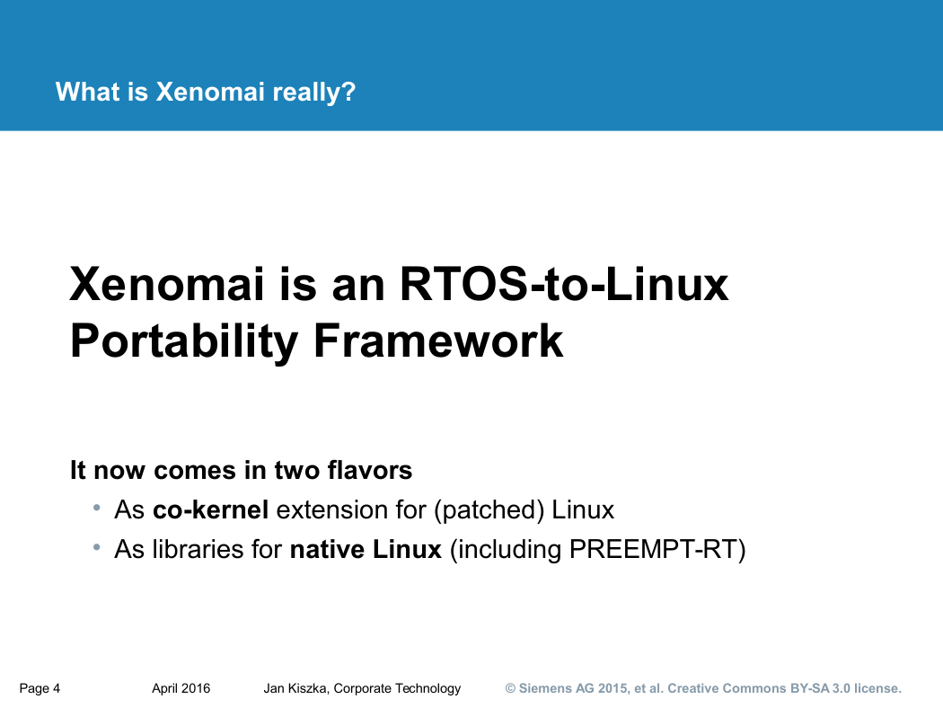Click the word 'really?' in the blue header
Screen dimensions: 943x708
tap(314, 92)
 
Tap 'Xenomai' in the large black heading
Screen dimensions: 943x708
tap(167, 284)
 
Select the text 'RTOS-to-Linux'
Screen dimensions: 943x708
tap(564, 284)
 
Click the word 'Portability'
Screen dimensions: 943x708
tap(184, 341)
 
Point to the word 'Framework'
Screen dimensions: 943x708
tap(438, 341)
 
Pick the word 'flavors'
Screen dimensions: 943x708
tap(370, 470)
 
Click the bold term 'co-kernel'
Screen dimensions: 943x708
tap(210, 510)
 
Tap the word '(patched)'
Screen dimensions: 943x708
tap(489, 510)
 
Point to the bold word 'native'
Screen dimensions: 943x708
tap(327, 549)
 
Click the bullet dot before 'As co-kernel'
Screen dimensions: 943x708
tap(96, 509)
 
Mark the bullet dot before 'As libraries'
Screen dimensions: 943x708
tap(96, 547)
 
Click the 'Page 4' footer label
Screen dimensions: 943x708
tap(40, 688)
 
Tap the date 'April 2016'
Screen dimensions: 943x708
tap(181, 688)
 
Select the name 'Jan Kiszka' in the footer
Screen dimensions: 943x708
tap(295, 688)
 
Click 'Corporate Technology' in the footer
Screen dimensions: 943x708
tap(398, 688)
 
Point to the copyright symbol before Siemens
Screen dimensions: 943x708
tap(511, 688)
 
